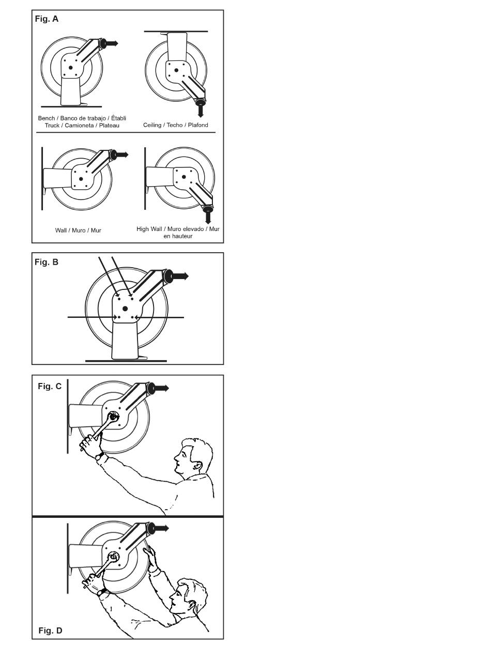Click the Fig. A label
(x=47, y=19)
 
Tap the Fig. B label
(x=47, y=262)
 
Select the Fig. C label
(x=50, y=386)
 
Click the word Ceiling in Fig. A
(x=152, y=125)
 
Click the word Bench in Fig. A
(x=47, y=118)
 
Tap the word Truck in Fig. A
(x=52, y=126)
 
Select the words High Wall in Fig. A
(x=149, y=229)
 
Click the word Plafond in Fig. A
(x=198, y=125)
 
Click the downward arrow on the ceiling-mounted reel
(x=201, y=111)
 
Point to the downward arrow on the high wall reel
(x=208, y=218)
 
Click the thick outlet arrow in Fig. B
(x=180, y=276)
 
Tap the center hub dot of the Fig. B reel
(x=125, y=309)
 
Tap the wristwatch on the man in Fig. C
(x=100, y=456)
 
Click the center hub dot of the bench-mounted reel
(x=70, y=68)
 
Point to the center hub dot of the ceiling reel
(x=176, y=70)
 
